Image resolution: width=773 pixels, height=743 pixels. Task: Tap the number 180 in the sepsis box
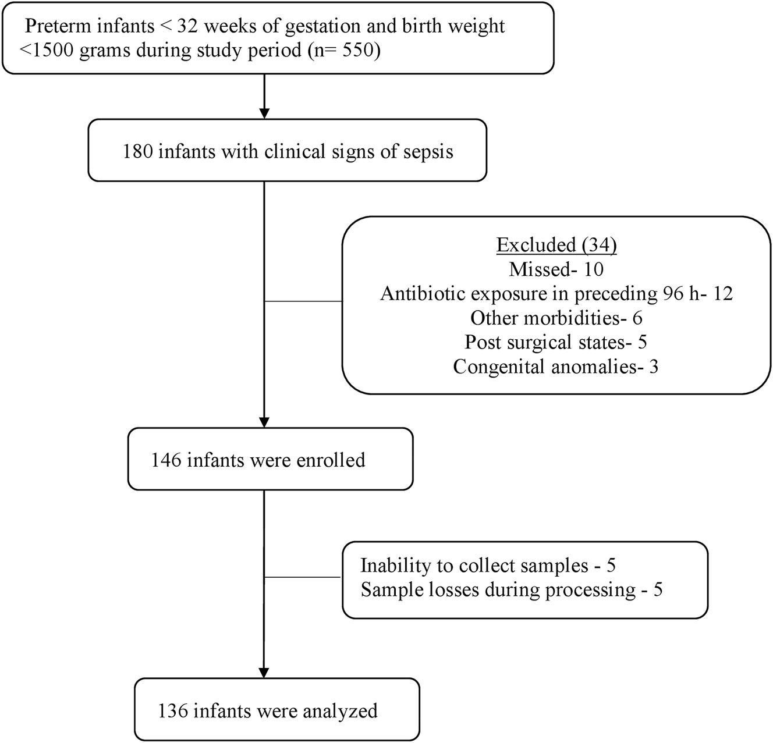(x=137, y=151)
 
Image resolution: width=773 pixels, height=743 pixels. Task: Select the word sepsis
(x=428, y=151)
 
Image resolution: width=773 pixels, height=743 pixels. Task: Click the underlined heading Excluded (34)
(x=556, y=245)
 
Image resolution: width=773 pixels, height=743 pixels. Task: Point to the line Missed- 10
(x=556, y=269)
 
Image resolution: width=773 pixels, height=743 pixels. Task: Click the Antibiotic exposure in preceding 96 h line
(x=556, y=294)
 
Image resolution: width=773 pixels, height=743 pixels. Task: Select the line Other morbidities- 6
(x=556, y=318)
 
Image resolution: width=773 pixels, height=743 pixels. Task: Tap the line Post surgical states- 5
(x=556, y=342)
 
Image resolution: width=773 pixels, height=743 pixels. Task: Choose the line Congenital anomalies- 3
(x=556, y=367)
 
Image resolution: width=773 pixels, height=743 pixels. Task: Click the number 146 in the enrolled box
(x=166, y=460)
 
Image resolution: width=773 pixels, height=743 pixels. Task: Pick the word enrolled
(x=331, y=460)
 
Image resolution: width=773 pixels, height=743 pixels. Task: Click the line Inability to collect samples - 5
(x=488, y=566)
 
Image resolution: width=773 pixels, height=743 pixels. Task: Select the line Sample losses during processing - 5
(x=511, y=590)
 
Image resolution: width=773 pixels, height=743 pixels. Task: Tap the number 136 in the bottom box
(x=173, y=711)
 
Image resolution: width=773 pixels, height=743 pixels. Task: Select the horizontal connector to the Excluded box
(x=303, y=301)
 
